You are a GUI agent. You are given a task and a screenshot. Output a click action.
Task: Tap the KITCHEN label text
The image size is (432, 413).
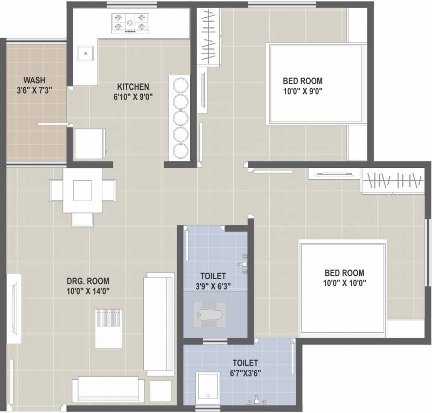tap(133, 87)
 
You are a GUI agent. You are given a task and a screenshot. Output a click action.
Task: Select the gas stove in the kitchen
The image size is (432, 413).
tap(129, 23)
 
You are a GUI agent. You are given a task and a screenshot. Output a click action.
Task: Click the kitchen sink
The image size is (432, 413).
tap(86, 54)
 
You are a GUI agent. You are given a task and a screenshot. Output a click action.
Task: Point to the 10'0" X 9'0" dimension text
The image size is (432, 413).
tap(303, 91)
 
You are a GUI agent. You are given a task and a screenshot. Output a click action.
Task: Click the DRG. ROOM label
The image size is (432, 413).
tap(88, 281)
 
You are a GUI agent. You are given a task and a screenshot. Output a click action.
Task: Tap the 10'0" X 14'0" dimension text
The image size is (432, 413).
tap(88, 291)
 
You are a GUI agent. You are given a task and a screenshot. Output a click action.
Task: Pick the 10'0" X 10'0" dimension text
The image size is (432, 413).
tap(344, 283)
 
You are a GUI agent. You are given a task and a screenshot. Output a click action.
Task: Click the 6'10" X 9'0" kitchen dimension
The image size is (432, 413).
tap(133, 97)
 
